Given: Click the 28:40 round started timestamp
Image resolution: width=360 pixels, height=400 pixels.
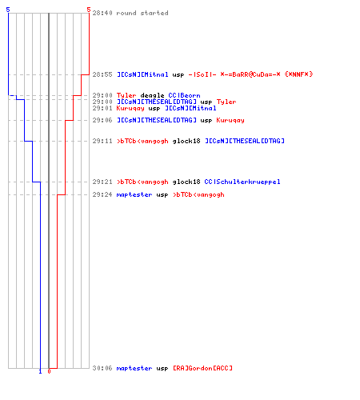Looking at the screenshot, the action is point(102,13).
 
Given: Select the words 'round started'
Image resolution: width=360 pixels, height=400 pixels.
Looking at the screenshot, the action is point(142,13).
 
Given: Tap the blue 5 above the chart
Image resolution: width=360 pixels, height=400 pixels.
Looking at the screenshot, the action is point(8,10).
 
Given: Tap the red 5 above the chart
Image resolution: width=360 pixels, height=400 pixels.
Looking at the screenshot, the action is point(89,10).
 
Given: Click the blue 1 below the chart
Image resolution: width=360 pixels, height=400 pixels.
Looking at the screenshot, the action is point(40,371).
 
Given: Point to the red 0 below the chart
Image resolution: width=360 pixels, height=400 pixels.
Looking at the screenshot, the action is point(49,371).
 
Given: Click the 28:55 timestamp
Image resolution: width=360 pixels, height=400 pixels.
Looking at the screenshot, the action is point(102,74).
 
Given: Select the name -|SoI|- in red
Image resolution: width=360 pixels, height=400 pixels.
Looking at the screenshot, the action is point(202,74).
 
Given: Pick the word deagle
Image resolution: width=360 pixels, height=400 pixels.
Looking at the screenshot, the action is point(152,95).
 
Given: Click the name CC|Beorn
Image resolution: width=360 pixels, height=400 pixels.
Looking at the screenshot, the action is point(184,95).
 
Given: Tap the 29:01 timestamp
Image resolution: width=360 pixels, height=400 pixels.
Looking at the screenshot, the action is point(102,108).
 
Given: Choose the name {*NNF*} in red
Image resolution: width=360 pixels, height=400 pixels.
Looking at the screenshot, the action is point(298,74).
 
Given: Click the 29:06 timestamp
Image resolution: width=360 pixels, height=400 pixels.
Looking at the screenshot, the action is point(102,120).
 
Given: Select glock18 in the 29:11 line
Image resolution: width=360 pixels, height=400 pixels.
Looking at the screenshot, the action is point(186,141).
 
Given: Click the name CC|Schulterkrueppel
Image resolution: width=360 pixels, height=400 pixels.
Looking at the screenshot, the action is point(242,182).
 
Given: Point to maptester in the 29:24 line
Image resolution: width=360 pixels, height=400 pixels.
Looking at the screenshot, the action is point(134,194).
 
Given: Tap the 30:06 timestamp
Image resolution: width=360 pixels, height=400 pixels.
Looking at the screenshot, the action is point(102,368).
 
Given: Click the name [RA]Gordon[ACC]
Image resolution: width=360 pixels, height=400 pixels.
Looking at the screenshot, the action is point(202,368).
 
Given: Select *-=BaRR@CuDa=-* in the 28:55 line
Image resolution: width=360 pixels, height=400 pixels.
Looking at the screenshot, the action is point(250,74).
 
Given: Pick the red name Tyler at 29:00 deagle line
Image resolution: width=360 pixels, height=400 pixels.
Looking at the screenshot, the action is point(126,95).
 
